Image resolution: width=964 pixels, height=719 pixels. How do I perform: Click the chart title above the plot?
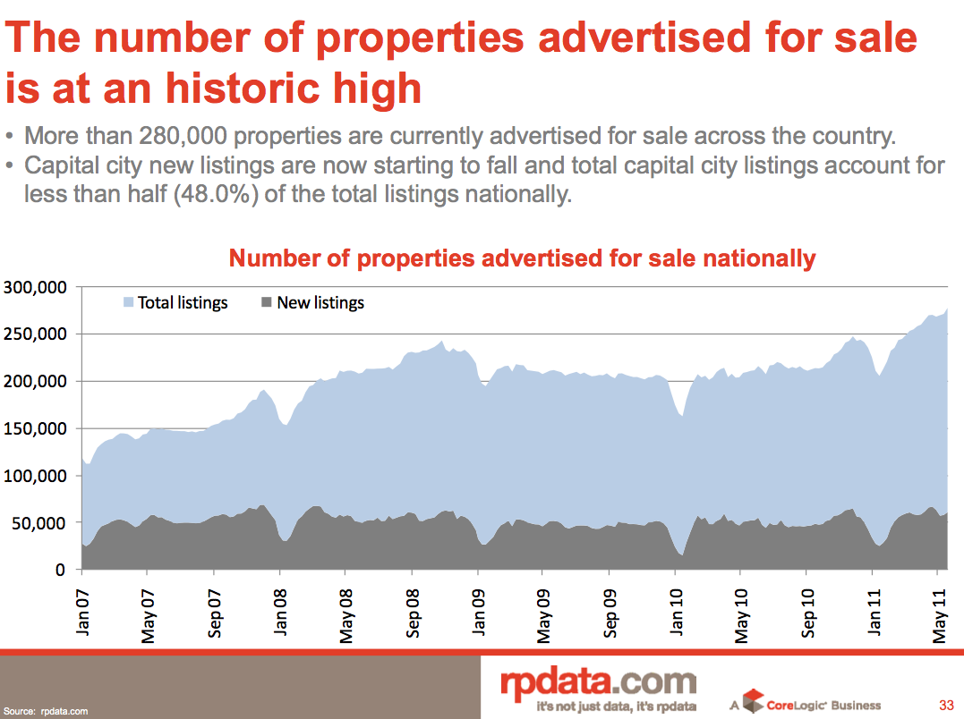pos(522,259)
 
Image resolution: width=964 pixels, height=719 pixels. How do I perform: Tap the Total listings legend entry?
pos(182,303)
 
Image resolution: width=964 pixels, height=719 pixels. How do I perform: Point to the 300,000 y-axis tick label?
pos(36,287)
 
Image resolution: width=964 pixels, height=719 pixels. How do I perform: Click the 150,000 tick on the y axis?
pos(36,428)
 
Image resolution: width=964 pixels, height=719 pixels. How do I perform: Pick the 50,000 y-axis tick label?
pos(41,522)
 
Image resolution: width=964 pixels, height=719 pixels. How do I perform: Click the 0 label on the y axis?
pos(61,570)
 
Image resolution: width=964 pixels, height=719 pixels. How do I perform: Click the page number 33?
pos(945,704)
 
